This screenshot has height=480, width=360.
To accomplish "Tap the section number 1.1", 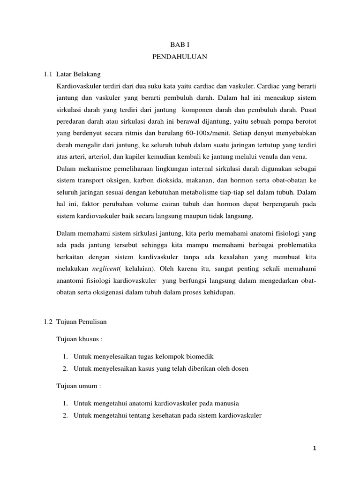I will pos(47,74).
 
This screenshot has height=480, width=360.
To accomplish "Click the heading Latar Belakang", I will pos(78,74).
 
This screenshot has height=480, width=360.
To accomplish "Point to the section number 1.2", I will pos(47,322).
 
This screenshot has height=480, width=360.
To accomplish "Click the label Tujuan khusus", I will pos(78,339).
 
